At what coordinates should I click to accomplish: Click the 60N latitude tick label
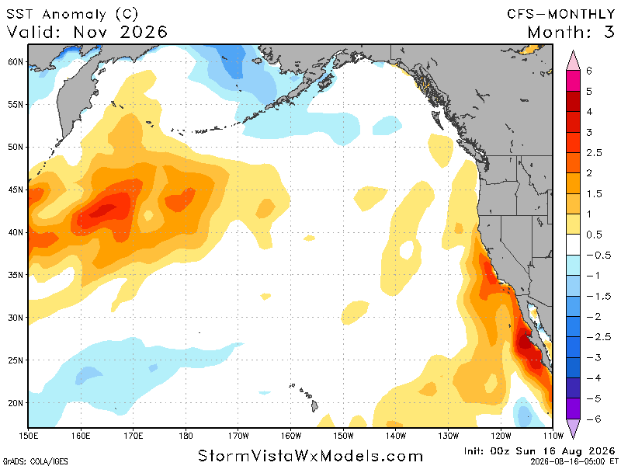click(16, 62)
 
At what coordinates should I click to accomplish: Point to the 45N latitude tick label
click(16, 190)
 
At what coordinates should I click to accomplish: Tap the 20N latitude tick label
click(16, 402)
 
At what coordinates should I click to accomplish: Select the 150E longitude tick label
click(28, 436)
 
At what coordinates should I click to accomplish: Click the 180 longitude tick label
click(186, 436)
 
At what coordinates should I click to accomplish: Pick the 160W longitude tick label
click(290, 436)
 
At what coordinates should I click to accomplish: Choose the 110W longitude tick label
click(553, 436)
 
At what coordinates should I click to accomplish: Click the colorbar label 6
click(589, 71)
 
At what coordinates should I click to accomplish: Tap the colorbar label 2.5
click(594, 152)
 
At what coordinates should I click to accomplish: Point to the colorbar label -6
click(594, 419)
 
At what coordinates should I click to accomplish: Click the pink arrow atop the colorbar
click(573, 61)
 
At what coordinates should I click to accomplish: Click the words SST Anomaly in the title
click(56, 14)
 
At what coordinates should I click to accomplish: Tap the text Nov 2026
click(120, 32)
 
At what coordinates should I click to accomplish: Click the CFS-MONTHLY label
click(560, 14)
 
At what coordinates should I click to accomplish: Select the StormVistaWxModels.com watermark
click(310, 456)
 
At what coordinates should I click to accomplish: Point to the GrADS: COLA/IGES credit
click(35, 461)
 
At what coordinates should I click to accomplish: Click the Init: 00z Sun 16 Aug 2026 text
click(539, 451)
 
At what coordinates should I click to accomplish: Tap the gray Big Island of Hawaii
click(314, 405)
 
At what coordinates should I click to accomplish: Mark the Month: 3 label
click(571, 32)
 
